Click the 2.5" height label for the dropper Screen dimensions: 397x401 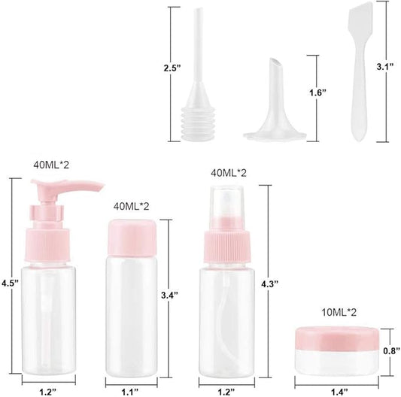pos(173,68)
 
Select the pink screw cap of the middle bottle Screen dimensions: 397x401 pos(133,233)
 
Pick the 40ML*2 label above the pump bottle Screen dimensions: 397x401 pos(50,163)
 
